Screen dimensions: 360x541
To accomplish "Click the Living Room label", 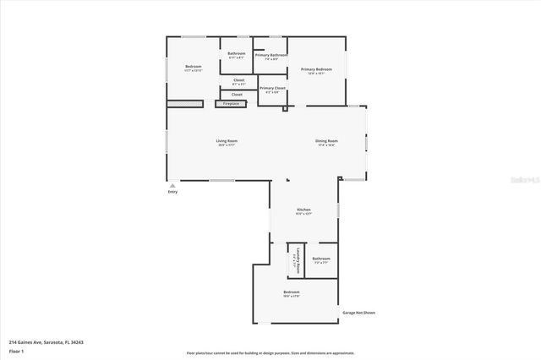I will click(x=227, y=140).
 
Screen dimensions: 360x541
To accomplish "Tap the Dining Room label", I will click(x=327, y=140).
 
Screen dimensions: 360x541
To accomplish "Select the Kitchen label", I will click(x=303, y=209).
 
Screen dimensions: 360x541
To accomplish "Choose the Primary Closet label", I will click(x=272, y=88).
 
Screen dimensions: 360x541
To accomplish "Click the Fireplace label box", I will click(x=231, y=104).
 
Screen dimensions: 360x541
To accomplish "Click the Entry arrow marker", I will click(x=172, y=185).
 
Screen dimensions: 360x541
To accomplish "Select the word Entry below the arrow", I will click(x=172, y=192).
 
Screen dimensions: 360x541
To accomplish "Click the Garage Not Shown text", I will click(x=359, y=312).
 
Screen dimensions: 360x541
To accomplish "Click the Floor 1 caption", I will click(x=16, y=351).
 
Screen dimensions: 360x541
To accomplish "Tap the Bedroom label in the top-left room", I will click(x=194, y=66).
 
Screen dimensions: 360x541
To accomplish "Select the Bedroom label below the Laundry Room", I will click(x=292, y=291).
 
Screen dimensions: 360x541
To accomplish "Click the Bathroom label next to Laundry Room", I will click(x=321, y=259).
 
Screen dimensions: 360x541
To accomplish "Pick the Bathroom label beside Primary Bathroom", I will click(x=236, y=53).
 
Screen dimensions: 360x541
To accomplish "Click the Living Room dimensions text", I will click(x=227, y=145).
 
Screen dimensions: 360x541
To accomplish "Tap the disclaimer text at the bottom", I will click(x=270, y=352).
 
